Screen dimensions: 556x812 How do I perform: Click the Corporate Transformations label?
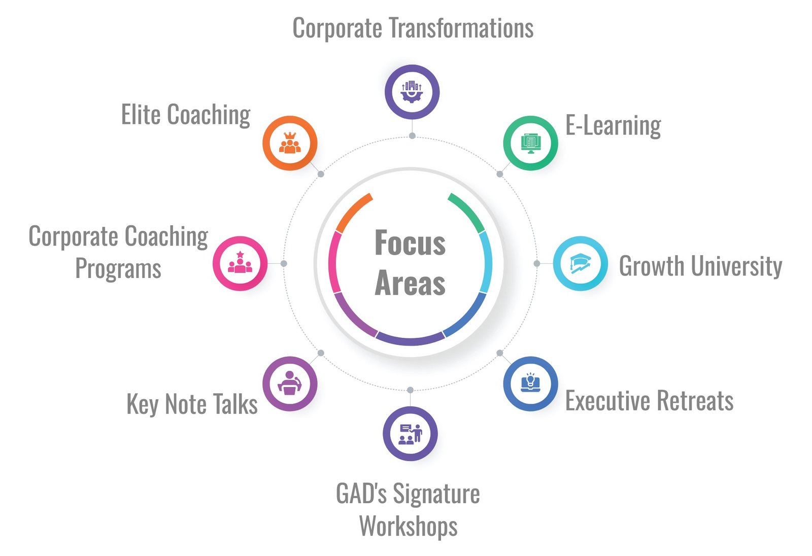[x=413, y=28]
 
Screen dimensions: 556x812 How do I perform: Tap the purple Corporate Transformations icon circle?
[x=412, y=92]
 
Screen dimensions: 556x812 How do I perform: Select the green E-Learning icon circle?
[x=530, y=143]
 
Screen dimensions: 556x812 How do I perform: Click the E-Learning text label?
[x=613, y=125]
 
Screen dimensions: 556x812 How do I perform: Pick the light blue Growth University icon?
[x=580, y=264]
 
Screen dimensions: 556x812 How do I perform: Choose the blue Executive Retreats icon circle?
[x=530, y=384]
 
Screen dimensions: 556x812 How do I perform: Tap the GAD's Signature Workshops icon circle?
[x=410, y=434]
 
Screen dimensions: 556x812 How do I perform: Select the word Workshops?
[x=408, y=526]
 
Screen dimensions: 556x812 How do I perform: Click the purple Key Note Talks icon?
[x=290, y=384]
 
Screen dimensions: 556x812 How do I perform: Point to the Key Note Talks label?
[x=192, y=404]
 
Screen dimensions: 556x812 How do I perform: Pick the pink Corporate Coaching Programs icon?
[x=240, y=264]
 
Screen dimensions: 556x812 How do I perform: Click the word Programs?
[x=118, y=268]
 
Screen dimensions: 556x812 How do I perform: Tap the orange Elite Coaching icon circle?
[x=290, y=143]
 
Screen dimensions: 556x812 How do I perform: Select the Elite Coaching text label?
[x=186, y=115]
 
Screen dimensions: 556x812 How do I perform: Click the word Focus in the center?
[x=410, y=244]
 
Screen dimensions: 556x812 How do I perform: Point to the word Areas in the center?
[x=410, y=283]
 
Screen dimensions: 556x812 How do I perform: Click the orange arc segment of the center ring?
[x=353, y=212]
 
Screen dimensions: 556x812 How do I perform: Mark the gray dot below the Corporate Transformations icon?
[x=412, y=136]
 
